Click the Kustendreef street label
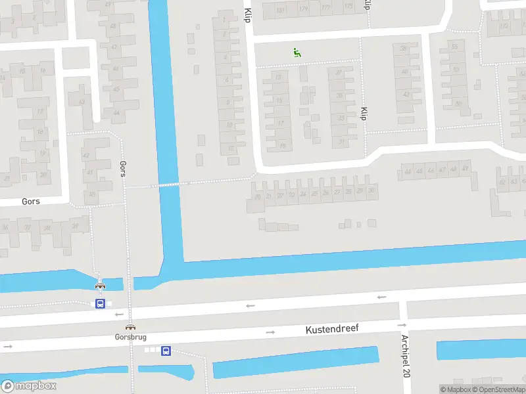click(x=332, y=328)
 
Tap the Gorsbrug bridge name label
click(x=130, y=337)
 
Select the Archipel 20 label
click(x=406, y=355)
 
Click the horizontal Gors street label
click(x=30, y=202)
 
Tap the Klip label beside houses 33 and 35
click(x=363, y=114)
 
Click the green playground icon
click(x=297, y=53)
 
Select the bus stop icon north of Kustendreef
click(x=100, y=303)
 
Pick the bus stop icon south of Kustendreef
click(x=166, y=351)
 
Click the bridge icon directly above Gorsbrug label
click(x=130, y=327)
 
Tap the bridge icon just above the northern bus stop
click(x=100, y=286)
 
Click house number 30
click(x=371, y=191)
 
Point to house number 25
click(x=314, y=194)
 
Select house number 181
click(x=281, y=9)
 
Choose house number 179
click(x=302, y=9)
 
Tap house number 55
click(x=454, y=47)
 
